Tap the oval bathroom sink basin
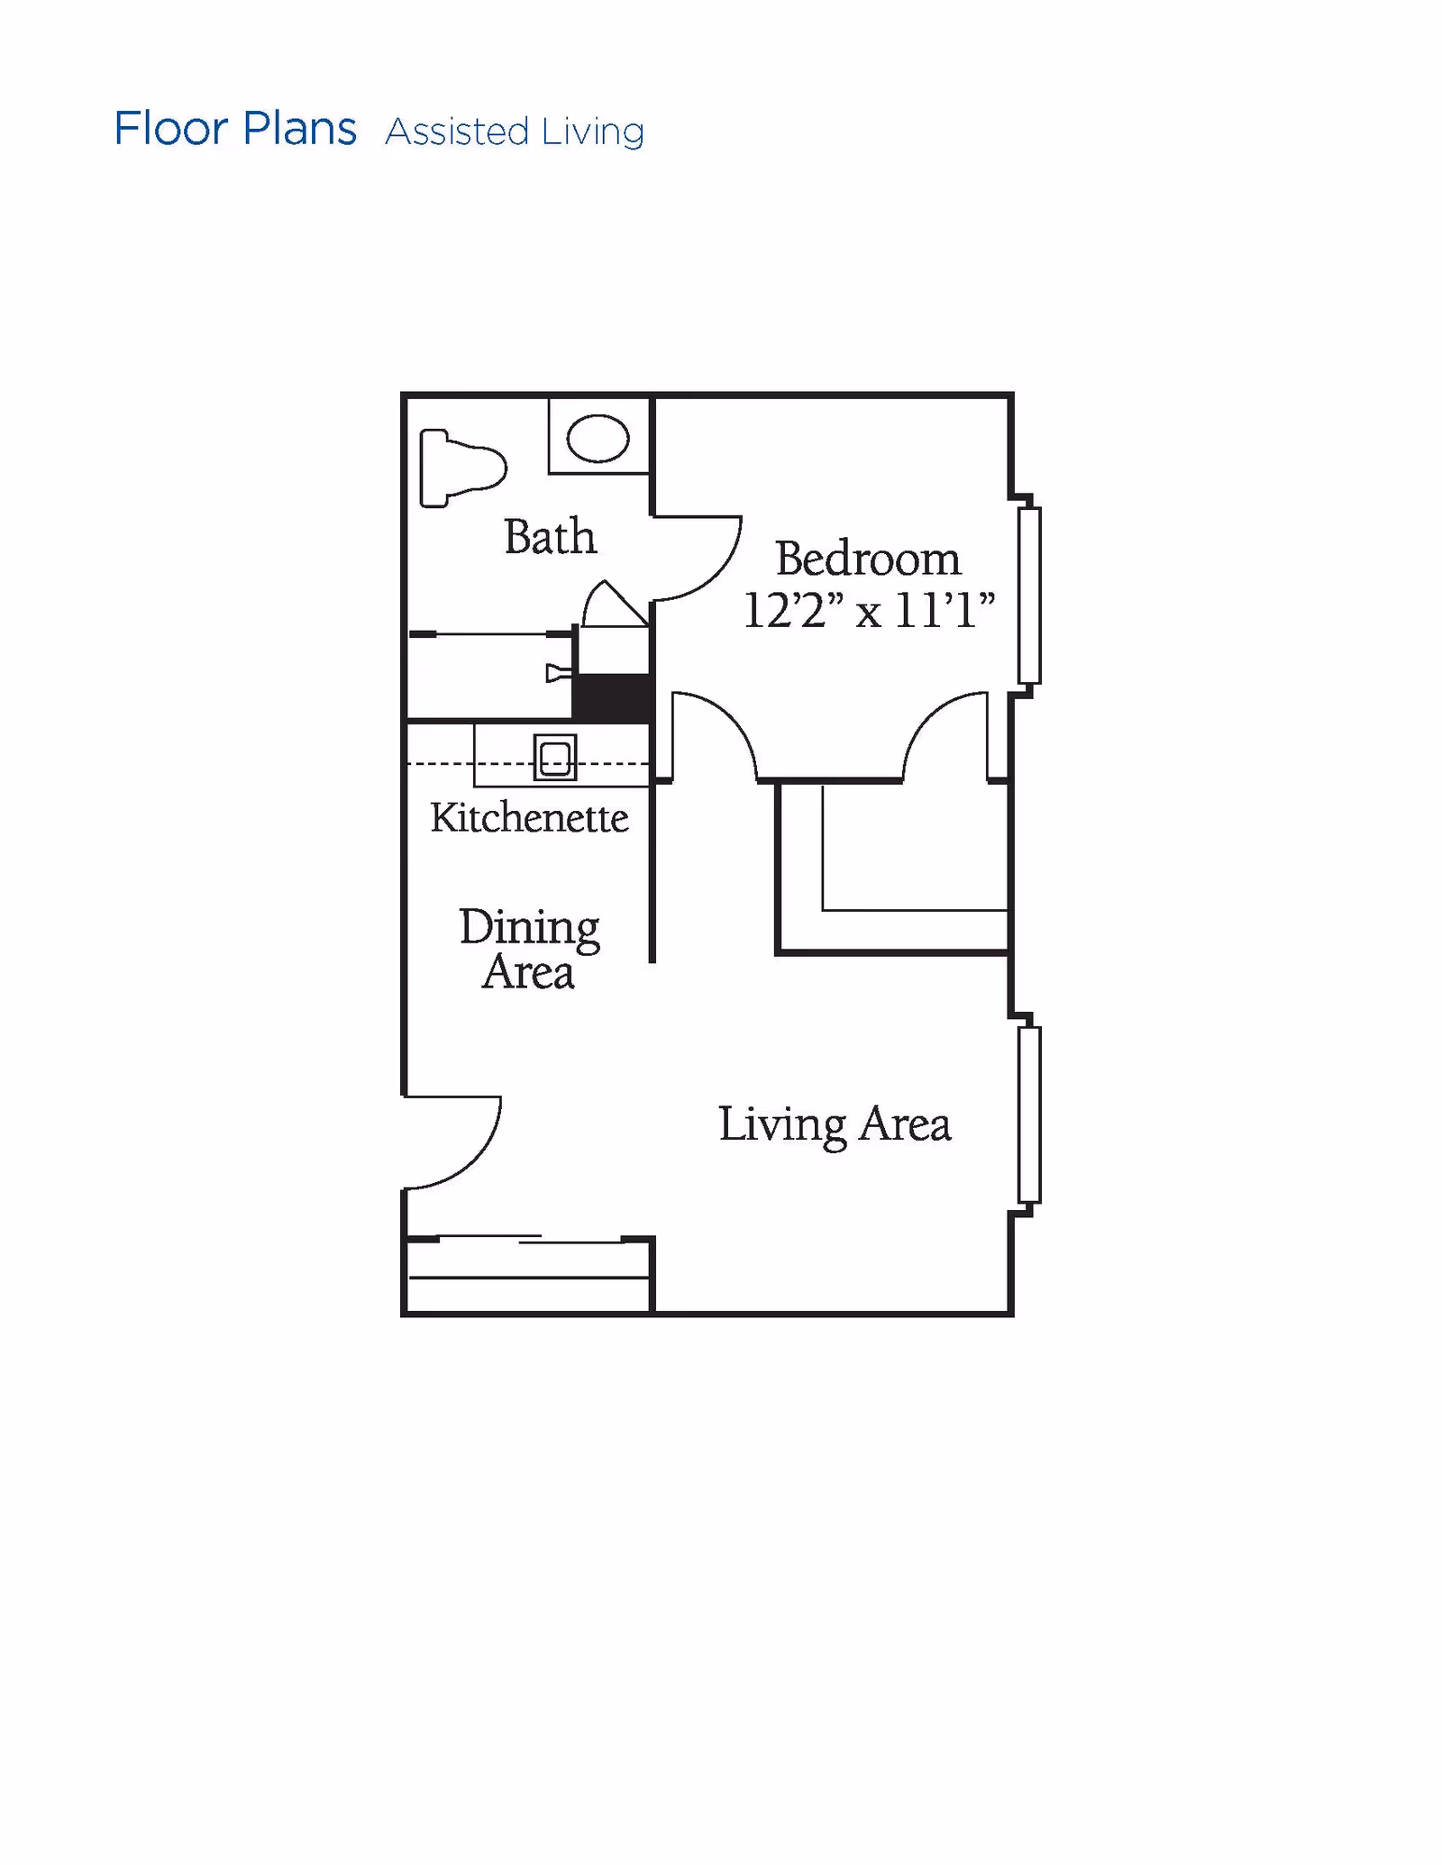coord(598,439)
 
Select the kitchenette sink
coord(554,757)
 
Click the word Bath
coord(550,537)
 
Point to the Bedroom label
coord(868,559)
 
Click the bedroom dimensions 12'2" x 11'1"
coord(869,610)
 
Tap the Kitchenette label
coord(529,818)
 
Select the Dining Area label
coord(529,950)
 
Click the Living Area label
coord(835,1124)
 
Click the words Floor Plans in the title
coord(235,129)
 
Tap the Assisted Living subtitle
coord(515,132)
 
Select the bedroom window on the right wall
coord(1029,596)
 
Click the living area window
coord(1029,1114)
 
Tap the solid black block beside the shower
coord(613,697)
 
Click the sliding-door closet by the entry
coord(528,1275)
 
